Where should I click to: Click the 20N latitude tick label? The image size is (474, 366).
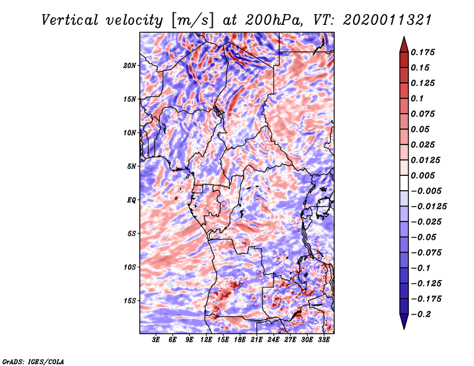point(130,66)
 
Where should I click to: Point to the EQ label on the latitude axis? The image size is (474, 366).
point(132,200)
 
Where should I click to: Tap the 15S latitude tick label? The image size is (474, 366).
point(130,301)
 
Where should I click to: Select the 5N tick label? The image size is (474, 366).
point(132,166)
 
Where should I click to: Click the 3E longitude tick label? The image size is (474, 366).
point(156,340)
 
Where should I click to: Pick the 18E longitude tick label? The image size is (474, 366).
point(240,340)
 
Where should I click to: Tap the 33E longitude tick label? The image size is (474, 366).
point(324,340)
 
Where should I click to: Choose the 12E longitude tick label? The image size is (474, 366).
point(206,340)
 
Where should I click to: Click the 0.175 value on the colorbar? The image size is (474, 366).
point(422,52)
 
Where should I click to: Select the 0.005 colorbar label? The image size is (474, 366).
point(422,175)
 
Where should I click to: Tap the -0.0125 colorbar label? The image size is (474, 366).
point(428,207)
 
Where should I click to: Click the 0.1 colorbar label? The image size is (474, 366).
point(417,98)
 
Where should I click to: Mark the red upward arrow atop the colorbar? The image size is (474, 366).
point(404,45)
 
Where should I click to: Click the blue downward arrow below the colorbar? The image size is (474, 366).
point(404,322)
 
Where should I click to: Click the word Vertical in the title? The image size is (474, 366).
point(70,20)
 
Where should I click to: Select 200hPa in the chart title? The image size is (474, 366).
point(274,20)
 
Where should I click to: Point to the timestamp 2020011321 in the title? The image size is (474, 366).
point(387,20)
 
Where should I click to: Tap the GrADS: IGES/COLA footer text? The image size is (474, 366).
point(33,361)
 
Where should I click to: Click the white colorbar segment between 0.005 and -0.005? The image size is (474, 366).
point(404,183)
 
